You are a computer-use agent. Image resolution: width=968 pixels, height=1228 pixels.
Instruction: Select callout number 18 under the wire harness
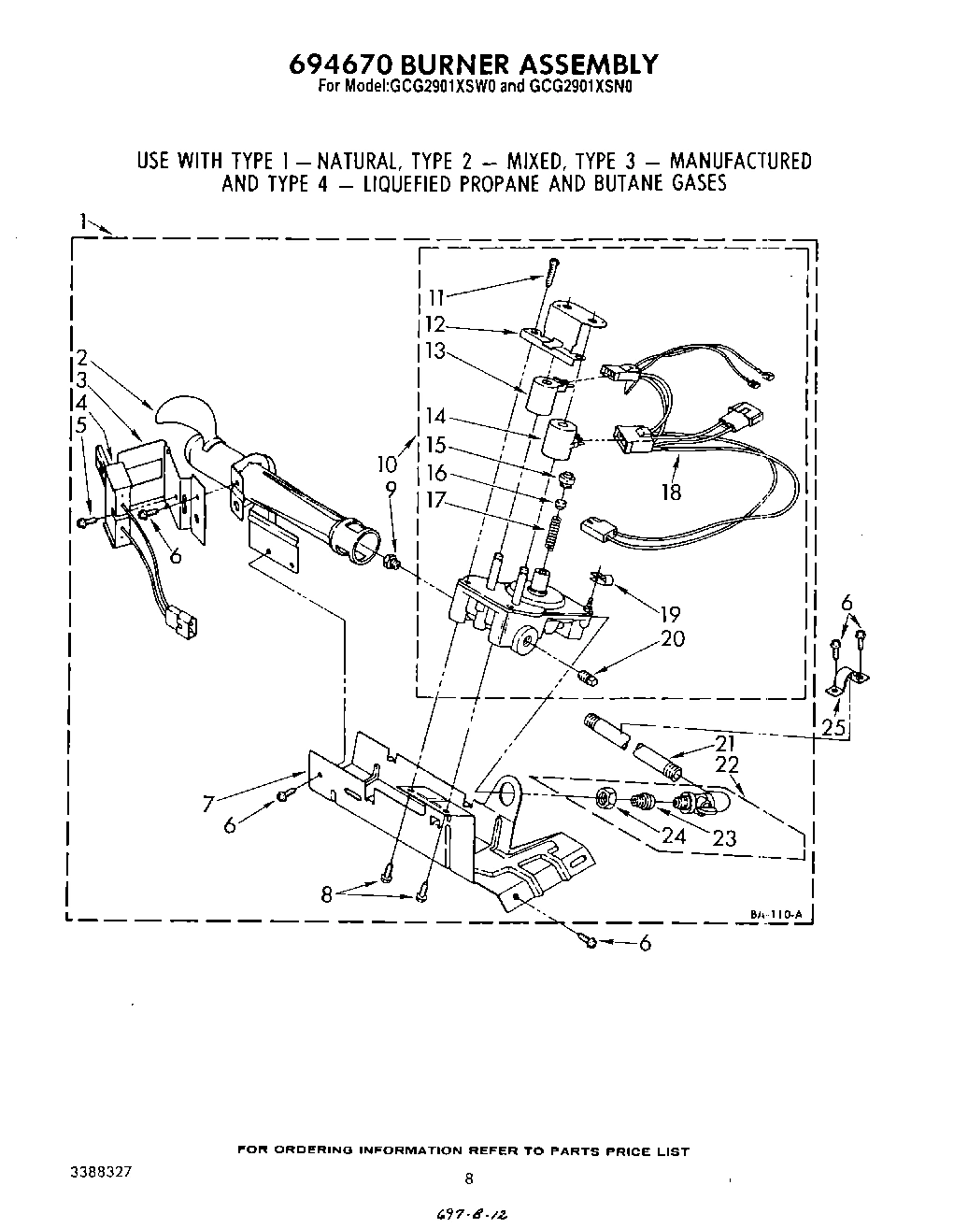coord(670,493)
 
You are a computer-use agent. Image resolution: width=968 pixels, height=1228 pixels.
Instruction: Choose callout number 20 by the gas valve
coord(673,639)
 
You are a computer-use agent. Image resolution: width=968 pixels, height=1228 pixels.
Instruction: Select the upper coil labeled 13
coord(540,394)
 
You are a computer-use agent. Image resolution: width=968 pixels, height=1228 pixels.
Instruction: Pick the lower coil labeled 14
coord(558,439)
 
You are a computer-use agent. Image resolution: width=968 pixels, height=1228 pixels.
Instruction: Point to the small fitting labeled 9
coord(393,562)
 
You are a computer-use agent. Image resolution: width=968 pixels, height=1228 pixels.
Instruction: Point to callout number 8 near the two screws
coord(326,893)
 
